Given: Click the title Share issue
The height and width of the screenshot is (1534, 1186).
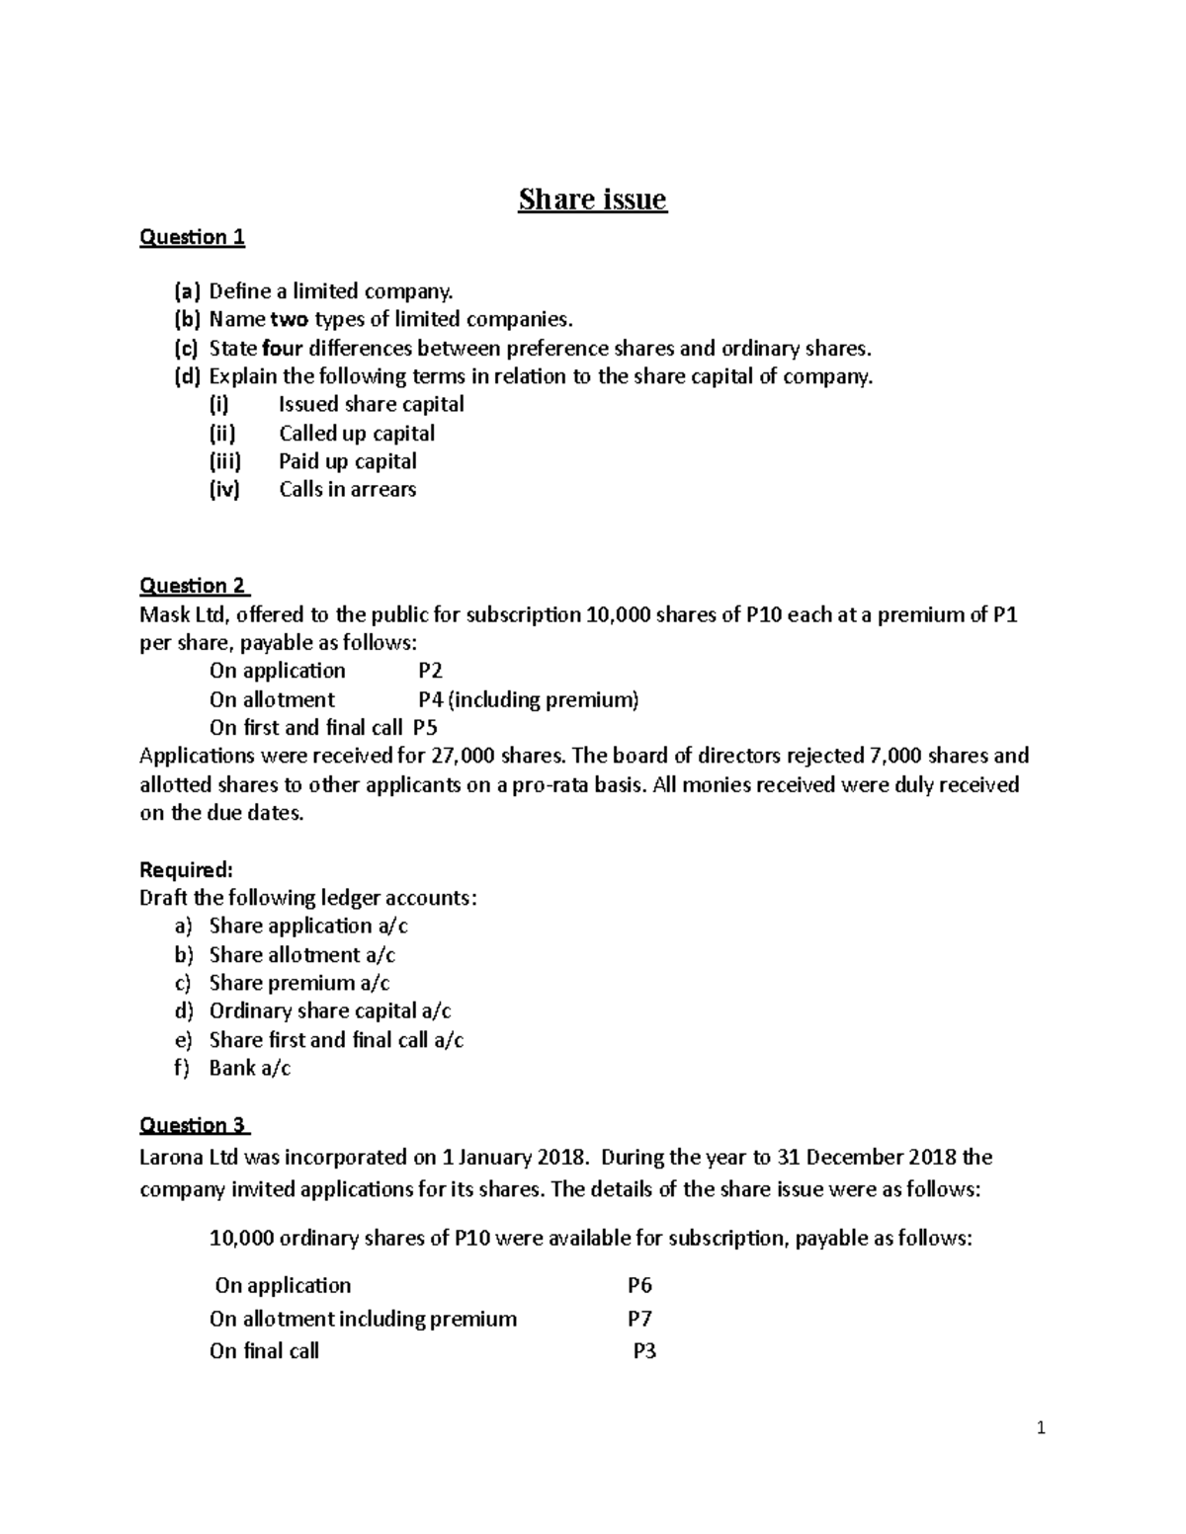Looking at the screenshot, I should tap(593, 200).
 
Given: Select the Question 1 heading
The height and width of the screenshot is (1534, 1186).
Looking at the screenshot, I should tap(192, 237).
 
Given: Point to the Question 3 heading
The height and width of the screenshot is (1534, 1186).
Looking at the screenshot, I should tap(195, 1125).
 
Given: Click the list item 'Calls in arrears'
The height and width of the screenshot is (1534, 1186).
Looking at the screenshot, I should tap(347, 490).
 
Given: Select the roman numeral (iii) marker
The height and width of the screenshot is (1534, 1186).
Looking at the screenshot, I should tap(224, 461).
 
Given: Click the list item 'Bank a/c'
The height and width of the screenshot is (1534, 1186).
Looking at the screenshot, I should tap(249, 1068).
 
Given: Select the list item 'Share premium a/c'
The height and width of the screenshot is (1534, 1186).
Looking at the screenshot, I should tap(298, 983).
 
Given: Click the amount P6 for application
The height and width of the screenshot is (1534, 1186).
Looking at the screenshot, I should tap(639, 1286).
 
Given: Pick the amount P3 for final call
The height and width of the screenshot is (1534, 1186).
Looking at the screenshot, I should tap(643, 1351).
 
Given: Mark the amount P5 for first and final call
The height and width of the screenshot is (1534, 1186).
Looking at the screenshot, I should tap(425, 729).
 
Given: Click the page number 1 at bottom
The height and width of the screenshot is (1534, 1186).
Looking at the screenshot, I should tap(1041, 1428).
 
